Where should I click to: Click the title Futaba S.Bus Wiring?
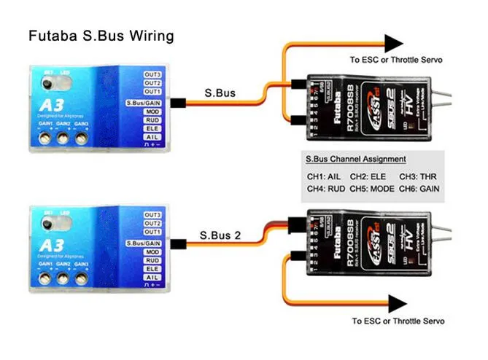tap(101, 36)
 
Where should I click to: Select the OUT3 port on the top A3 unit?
tap(152, 74)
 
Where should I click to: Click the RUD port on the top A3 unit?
tap(152, 120)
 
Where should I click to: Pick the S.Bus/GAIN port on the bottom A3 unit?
tap(144, 242)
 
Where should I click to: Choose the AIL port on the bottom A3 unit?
tap(152, 277)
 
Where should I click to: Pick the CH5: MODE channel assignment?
tap(372, 189)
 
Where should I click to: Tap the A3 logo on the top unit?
tap(43, 107)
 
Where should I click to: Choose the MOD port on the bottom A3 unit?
tap(152, 252)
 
